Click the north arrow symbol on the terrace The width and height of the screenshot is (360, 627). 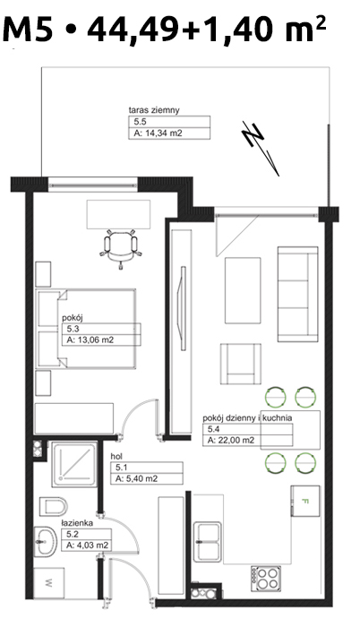(x=260, y=148)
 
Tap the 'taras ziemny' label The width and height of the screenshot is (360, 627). (x=154, y=110)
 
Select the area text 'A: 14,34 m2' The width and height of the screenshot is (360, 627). (x=158, y=133)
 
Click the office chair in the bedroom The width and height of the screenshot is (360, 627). (x=120, y=249)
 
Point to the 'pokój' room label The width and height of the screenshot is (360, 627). (x=73, y=318)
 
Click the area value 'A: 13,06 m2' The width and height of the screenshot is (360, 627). (x=90, y=340)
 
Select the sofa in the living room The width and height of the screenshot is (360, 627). (x=297, y=294)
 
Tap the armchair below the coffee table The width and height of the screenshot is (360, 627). (x=241, y=365)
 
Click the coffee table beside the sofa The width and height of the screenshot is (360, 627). (x=243, y=290)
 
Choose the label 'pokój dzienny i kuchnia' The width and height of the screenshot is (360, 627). (x=247, y=418)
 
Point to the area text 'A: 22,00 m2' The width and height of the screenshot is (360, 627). (x=231, y=441)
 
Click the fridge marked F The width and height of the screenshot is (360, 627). (x=305, y=501)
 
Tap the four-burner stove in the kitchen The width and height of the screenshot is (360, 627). (x=265, y=578)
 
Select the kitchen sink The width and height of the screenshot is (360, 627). (x=208, y=541)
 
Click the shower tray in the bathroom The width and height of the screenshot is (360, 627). (x=74, y=464)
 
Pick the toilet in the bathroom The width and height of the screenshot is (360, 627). (x=53, y=507)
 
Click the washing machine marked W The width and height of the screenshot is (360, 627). (x=48, y=582)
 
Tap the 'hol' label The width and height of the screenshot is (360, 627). (x=116, y=456)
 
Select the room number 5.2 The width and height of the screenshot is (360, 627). (x=72, y=534)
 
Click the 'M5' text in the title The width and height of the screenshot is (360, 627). (x=28, y=29)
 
